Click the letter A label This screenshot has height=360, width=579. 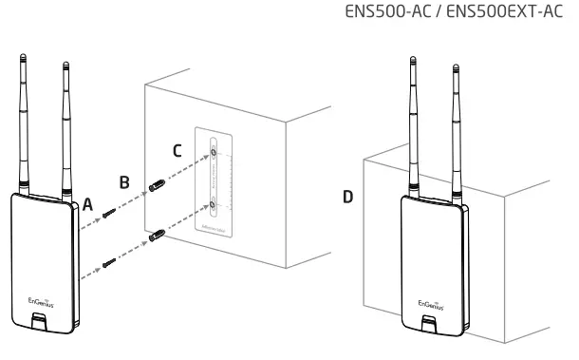tap(88, 202)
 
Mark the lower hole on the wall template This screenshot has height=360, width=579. tap(215, 202)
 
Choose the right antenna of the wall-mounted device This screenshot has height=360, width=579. tap(457, 128)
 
